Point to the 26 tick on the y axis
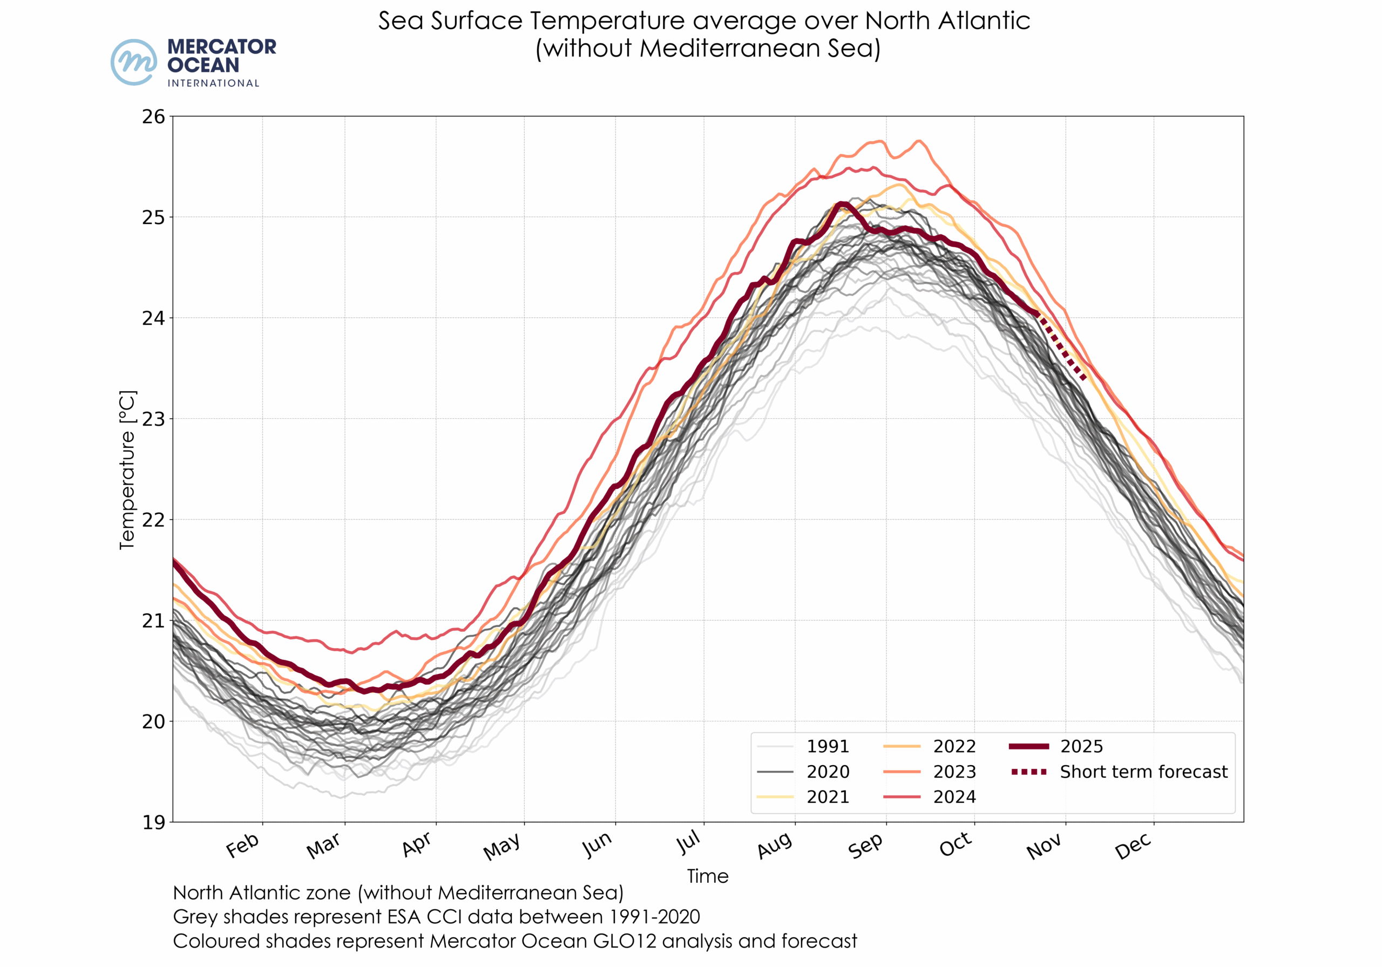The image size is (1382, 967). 153,117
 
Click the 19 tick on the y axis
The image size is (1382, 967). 153,822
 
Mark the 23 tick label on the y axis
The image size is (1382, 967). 153,419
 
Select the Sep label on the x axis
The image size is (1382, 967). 865,846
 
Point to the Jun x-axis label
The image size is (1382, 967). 597,845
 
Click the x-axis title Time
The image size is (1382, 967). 708,876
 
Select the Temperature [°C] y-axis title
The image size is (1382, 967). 127,470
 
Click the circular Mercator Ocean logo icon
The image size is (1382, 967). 134,63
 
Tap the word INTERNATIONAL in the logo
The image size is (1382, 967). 213,83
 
